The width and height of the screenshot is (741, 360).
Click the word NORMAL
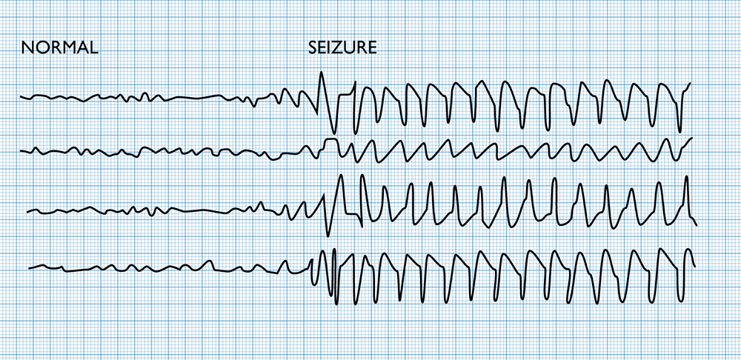tap(60, 48)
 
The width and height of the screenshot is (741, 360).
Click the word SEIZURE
tap(342, 48)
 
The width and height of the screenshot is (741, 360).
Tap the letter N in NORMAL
tap(27, 48)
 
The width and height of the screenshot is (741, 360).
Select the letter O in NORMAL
tap(40, 48)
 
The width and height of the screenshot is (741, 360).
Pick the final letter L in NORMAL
tap(93, 48)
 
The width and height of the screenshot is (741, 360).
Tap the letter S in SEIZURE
tap(313, 48)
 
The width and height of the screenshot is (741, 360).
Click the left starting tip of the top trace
tap(21, 97)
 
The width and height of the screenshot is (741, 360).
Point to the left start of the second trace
tap(21, 151)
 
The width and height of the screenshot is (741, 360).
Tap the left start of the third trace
tap(27, 212)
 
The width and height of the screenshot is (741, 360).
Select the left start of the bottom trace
tap(30, 268)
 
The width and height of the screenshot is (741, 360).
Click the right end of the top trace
tap(691, 83)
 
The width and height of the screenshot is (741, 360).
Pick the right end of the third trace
tap(697, 224)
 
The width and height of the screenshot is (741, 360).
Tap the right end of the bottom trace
tap(694, 265)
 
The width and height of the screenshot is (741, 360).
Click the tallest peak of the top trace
tap(321, 73)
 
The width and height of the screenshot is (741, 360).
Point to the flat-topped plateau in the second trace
tap(331, 139)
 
